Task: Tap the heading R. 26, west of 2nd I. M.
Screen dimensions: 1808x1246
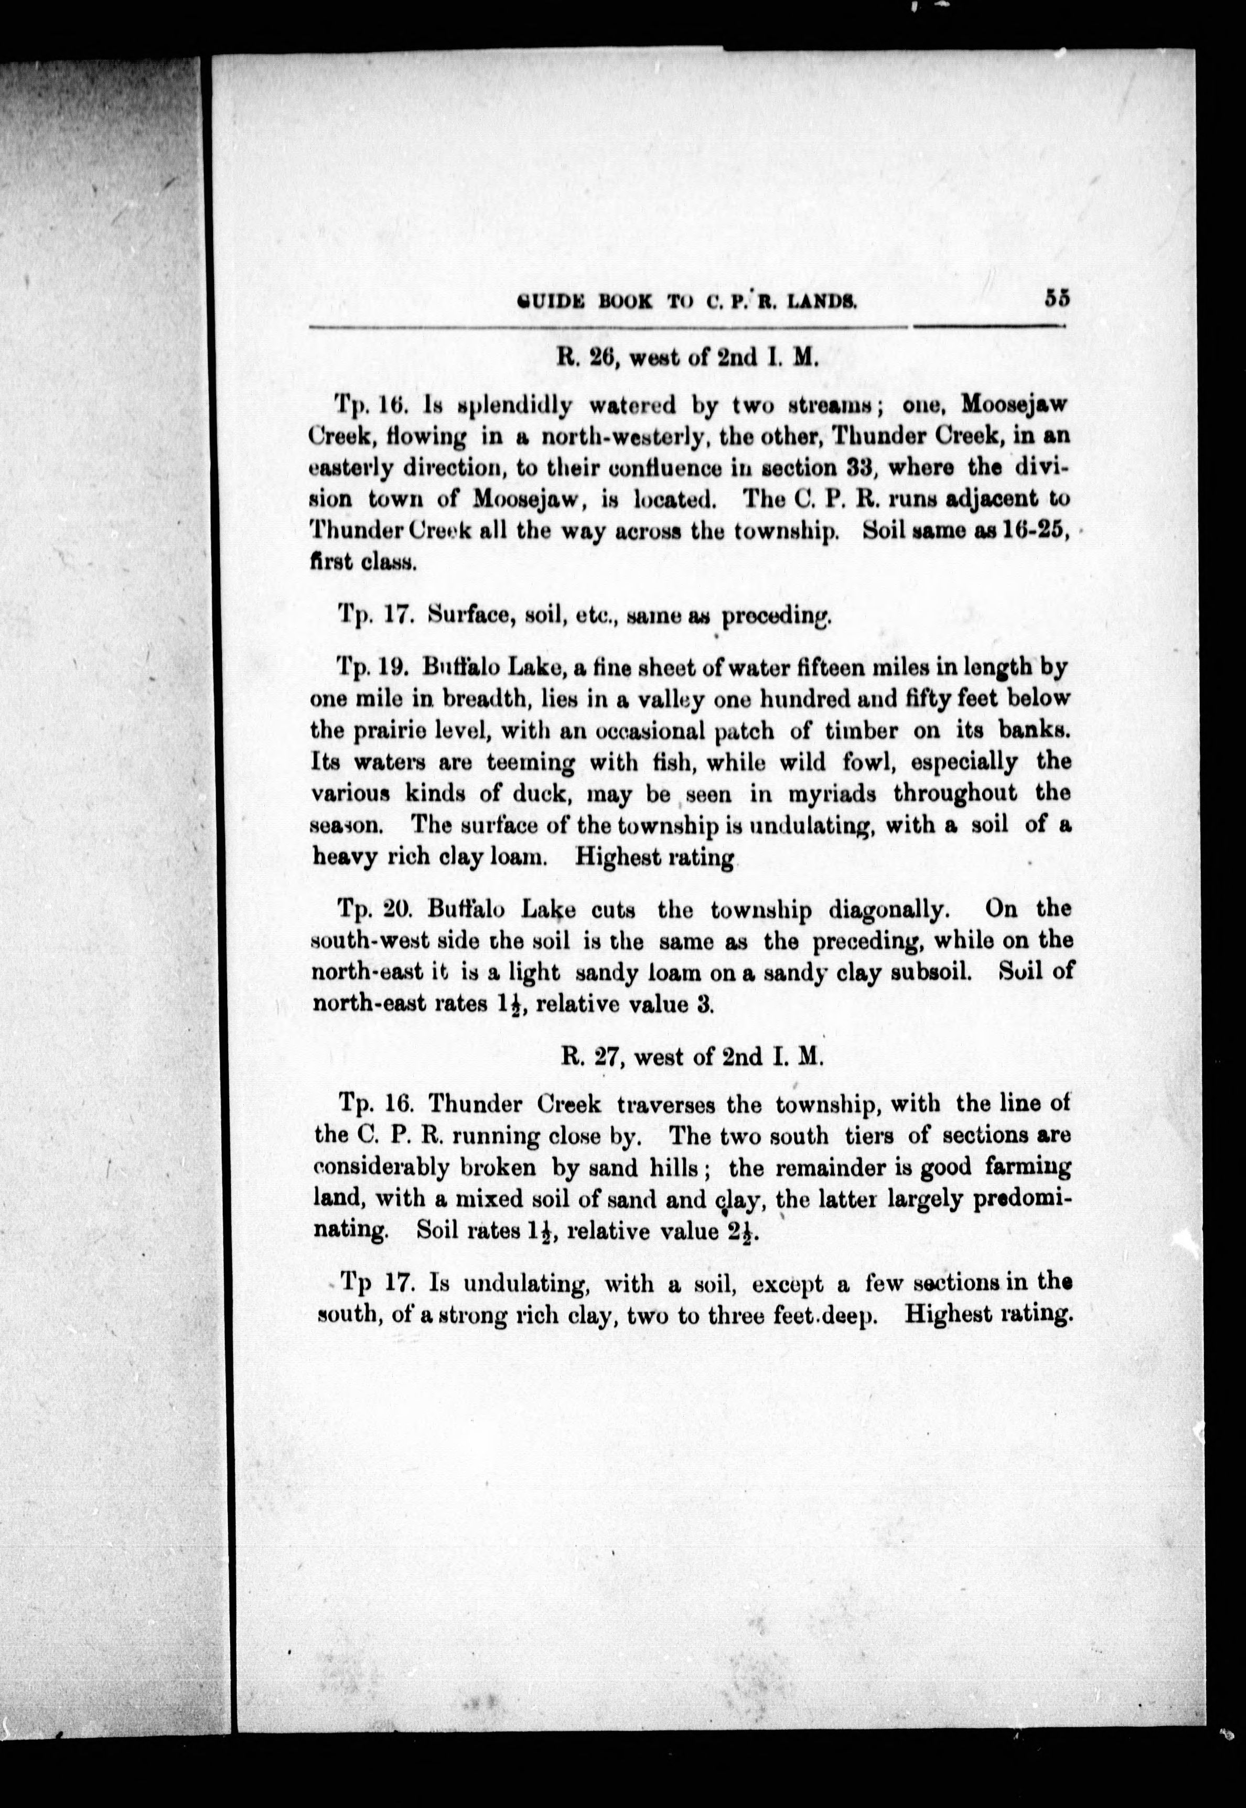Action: (686, 358)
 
